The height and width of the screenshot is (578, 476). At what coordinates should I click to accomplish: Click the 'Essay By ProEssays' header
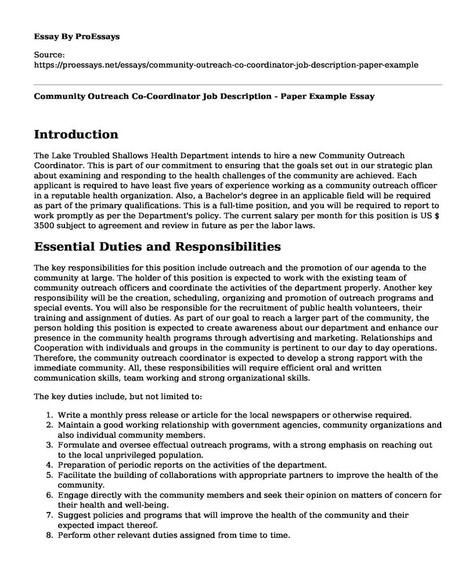77,36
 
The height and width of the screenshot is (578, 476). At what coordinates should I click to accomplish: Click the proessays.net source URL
226,65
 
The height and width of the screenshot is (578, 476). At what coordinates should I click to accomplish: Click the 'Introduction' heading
76,134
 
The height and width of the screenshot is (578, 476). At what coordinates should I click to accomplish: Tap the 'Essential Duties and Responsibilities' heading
157,247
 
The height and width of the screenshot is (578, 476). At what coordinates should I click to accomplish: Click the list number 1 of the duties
49,415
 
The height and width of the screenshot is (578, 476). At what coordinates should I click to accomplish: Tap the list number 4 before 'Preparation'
49,465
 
